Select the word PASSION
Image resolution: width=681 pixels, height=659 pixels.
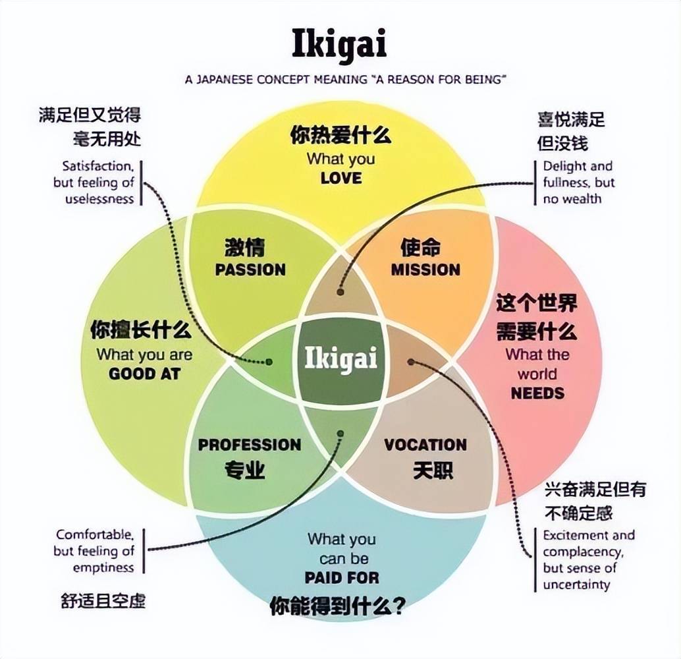(250, 270)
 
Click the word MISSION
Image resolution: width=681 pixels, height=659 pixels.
(425, 270)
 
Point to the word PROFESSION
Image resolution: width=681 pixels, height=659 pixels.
(250, 445)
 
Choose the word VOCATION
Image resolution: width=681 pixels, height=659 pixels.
(425, 445)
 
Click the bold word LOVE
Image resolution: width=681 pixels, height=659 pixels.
(341, 178)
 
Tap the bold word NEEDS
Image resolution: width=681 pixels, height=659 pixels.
(537, 393)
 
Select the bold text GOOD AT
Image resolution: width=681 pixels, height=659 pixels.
(144, 374)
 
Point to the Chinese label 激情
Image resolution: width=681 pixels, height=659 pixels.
(244, 249)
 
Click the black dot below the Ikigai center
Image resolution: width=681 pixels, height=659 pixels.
(340, 434)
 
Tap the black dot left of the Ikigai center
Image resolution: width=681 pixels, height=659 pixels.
(269, 362)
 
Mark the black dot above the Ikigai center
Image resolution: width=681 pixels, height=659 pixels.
(340, 291)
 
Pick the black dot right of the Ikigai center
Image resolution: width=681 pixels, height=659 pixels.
(411, 361)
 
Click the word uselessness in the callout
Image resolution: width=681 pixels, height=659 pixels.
(99, 198)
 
